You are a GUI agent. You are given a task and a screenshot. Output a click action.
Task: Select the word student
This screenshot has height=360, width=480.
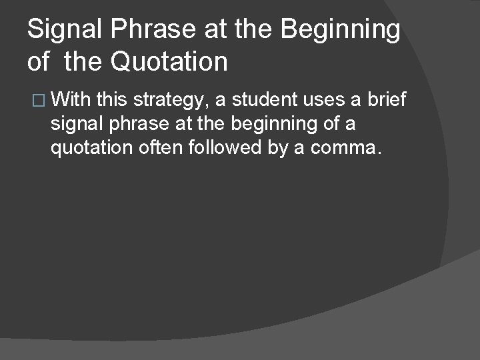coord(267,100)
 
